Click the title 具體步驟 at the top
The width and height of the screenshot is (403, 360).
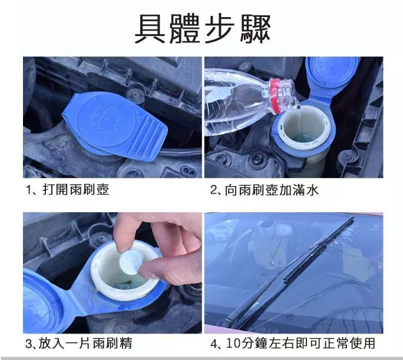click(x=203, y=29)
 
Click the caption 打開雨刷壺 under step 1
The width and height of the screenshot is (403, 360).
click(x=75, y=190)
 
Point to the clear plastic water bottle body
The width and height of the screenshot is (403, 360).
click(x=236, y=103)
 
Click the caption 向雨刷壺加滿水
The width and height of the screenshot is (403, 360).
click(x=272, y=190)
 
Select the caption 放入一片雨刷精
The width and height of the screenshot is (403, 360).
click(x=85, y=344)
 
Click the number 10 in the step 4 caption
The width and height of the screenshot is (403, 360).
click(x=233, y=344)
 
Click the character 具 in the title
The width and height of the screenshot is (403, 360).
click(x=150, y=29)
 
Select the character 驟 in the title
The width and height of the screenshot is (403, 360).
click(x=256, y=29)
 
